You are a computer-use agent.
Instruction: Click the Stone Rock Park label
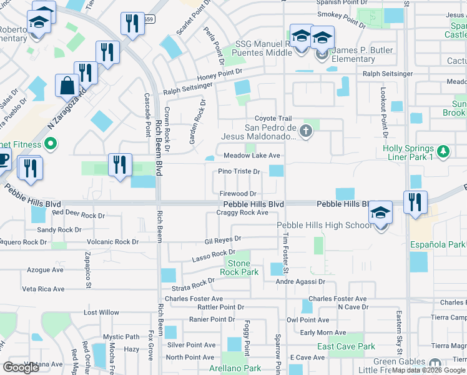click(238, 268)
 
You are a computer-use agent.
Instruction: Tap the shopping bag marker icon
click(67, 86)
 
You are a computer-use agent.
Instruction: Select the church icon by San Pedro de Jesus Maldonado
click(305, 131)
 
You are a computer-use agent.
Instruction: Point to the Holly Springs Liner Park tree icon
click(443, 152)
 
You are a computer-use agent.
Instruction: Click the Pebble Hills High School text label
click(323, 225)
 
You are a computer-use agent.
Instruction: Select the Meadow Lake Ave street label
click(252, 155)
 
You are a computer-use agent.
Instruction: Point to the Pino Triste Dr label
click(239, 172)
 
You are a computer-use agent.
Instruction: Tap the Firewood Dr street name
click(238, 194)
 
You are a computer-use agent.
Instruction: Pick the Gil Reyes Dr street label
click(223, 240)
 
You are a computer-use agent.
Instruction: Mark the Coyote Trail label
click(273, 119)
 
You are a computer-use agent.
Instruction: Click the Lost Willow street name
click(101, 312)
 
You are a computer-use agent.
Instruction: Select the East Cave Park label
click(346, 346)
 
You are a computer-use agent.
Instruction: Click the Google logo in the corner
click(22, 367)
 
